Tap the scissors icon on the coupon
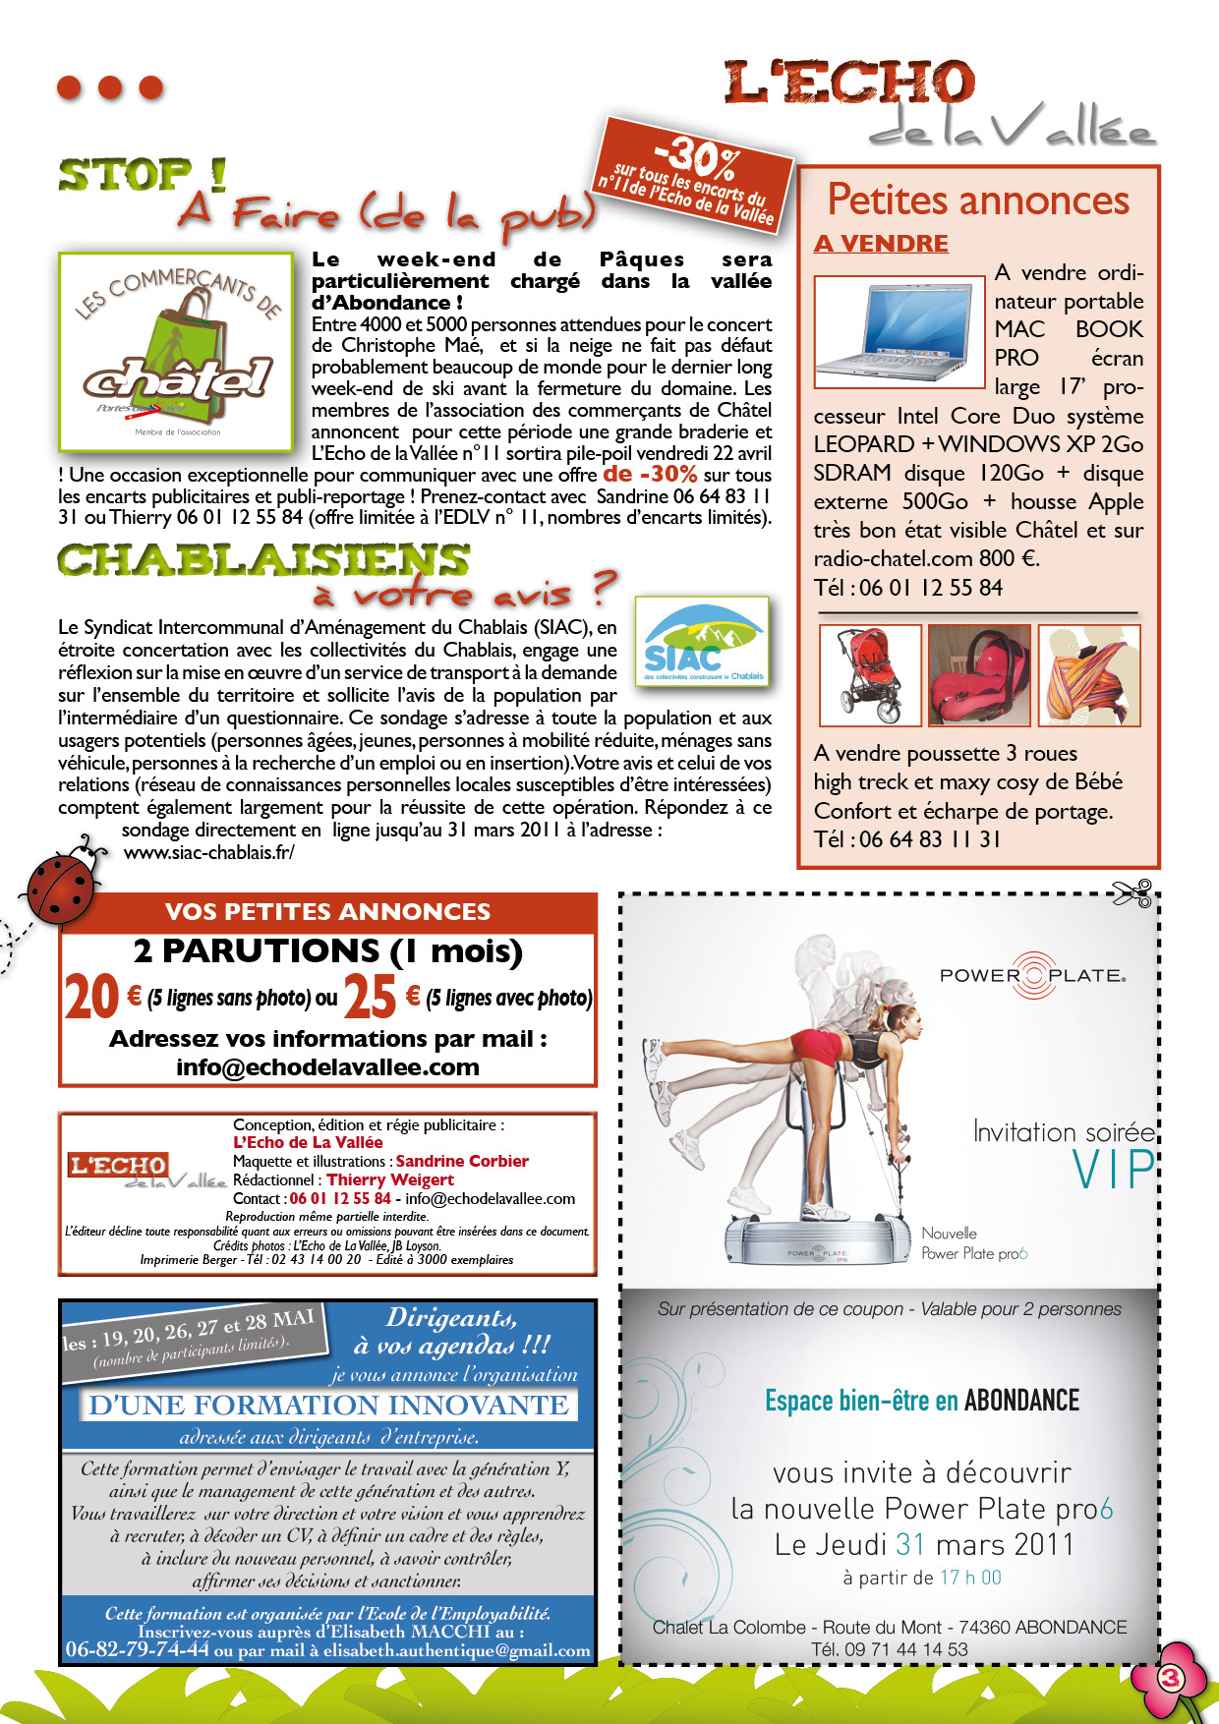(1132, 893)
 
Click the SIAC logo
(702, 644)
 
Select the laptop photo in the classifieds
(900, 332)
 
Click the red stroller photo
(869, 674)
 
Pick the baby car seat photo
(979, 674)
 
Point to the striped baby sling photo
(1089, 674)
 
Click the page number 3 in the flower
(1170, 1677)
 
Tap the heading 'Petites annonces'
(978, 200)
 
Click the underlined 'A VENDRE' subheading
(881, 244)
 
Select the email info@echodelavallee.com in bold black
(327, 1067)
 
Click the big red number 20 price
(91, 998)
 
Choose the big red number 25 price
(371, 998)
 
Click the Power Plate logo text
(1032, 976)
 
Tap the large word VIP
(1114, 1170)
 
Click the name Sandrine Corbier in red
(462, 1161)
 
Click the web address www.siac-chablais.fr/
(208, 853)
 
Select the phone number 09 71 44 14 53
(905, 1649)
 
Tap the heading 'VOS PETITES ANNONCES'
(327, 911)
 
